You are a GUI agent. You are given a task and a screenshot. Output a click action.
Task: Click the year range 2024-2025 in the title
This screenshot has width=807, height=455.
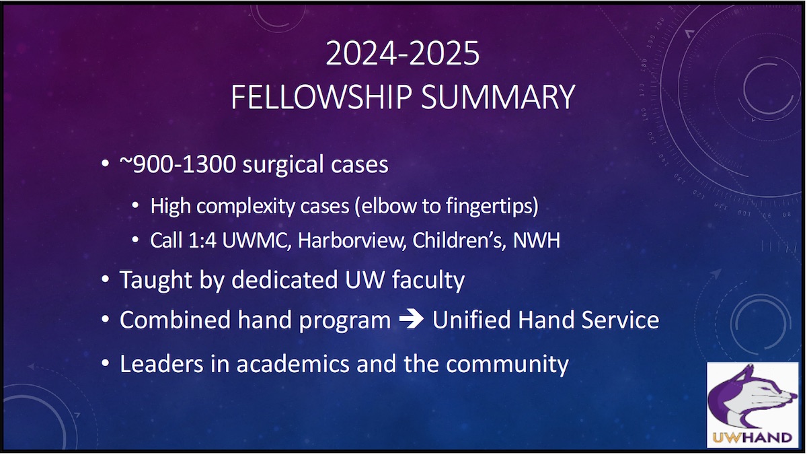point(402,55)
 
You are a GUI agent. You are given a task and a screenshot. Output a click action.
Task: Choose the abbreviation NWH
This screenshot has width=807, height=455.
point(536,240)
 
